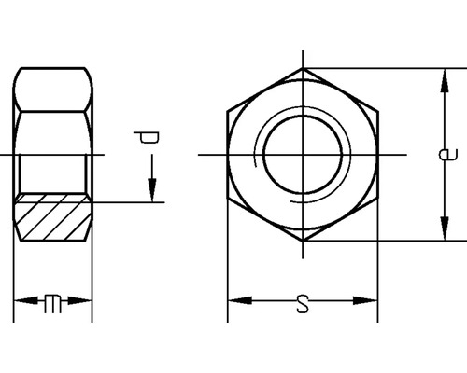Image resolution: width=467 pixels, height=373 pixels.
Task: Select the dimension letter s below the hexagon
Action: [303, 302]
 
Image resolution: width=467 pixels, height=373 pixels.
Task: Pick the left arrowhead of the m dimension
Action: [21, 301]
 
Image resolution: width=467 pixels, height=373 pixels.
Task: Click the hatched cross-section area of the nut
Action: [53, 219]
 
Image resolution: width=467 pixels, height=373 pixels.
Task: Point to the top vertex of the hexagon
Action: [304, 67]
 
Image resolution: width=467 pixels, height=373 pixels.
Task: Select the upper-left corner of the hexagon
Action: [229, 110]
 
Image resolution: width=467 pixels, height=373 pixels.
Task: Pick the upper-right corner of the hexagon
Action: [378, 110]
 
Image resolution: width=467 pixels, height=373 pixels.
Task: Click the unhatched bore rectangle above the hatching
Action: [53, 174]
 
